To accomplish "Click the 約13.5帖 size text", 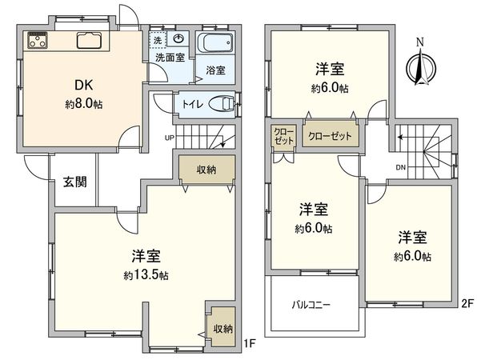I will click(146, 274).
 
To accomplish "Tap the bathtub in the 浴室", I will click(214, 44).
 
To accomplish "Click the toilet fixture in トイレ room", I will click(225, 103).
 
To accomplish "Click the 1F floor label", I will click(249, 344).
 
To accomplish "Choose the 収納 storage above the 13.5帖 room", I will click(206, 170).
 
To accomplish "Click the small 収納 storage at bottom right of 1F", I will click(222, 328).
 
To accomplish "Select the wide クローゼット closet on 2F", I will click(330, 136).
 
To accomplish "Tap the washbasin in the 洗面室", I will click(179, 38).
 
